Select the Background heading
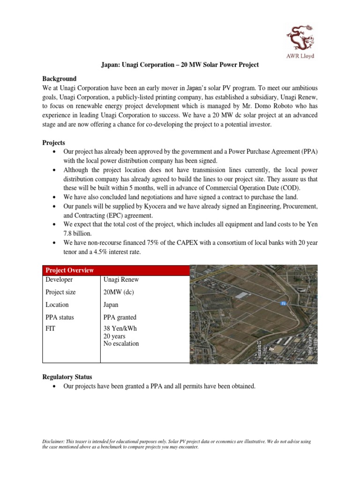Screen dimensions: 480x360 point(59,78)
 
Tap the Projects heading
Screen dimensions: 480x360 point(54,142)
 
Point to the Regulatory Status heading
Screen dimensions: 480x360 point(67,376)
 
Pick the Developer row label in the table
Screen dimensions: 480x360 point(59,279)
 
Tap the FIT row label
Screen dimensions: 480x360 point(50,329)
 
